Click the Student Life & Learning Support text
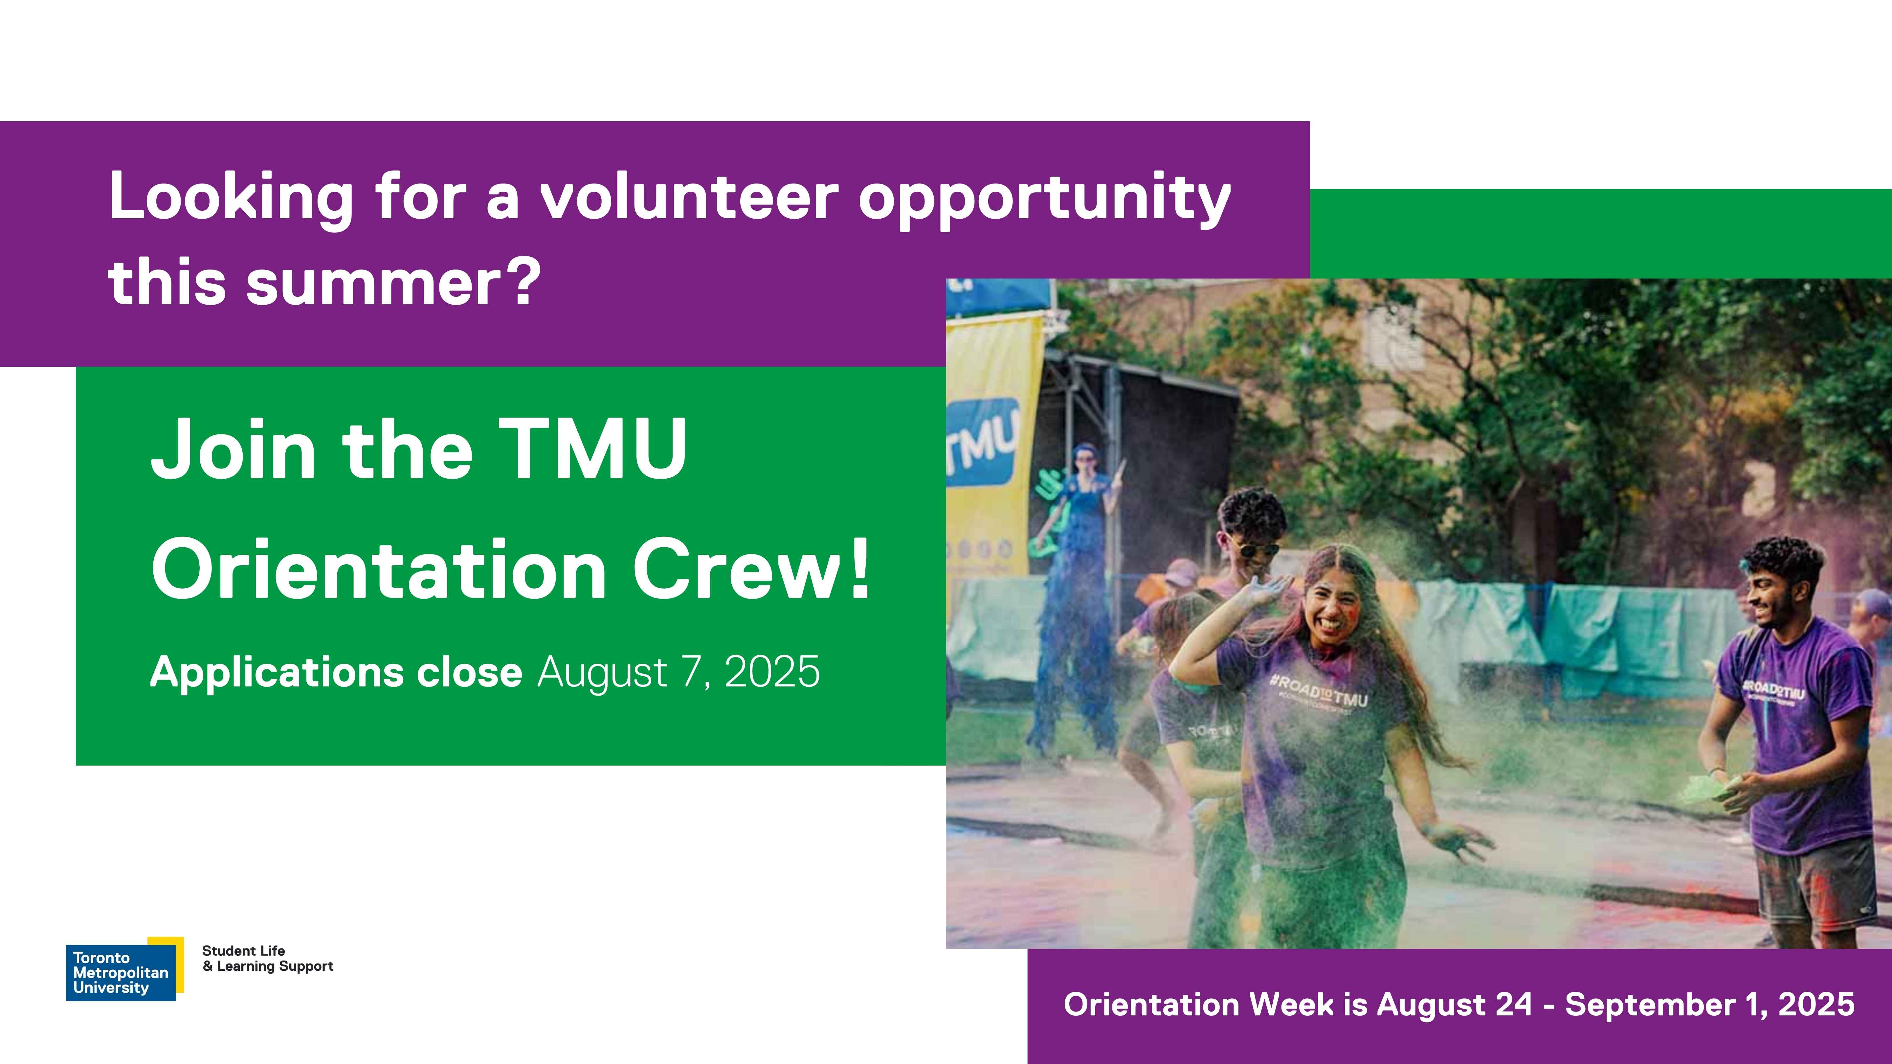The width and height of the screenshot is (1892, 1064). [267, 958]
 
